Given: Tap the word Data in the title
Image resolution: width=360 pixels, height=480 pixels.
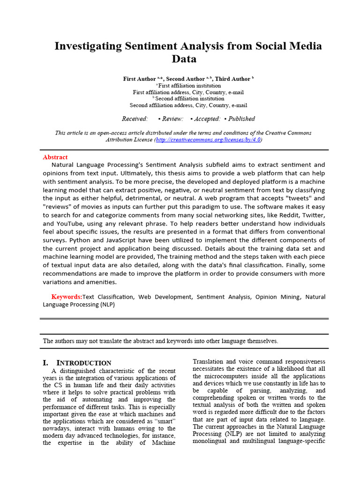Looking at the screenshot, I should coord(184,60).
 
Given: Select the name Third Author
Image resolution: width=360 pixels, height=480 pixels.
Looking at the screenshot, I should coord(232,79).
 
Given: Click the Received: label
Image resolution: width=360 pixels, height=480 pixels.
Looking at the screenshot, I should coord(135,119).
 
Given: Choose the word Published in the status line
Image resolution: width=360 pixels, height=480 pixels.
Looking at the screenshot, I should coord(242,119).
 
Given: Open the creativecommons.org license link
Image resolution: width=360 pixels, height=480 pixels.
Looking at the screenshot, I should coord(208,140).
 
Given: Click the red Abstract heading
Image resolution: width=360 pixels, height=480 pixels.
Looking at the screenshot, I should coord(55,157).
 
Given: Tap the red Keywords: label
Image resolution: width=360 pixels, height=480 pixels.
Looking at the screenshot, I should coord(67,297).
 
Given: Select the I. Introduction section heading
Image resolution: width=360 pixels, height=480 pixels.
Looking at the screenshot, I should coord(77,363).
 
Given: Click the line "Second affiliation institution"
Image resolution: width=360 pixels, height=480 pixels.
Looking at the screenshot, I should coord(188,99).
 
